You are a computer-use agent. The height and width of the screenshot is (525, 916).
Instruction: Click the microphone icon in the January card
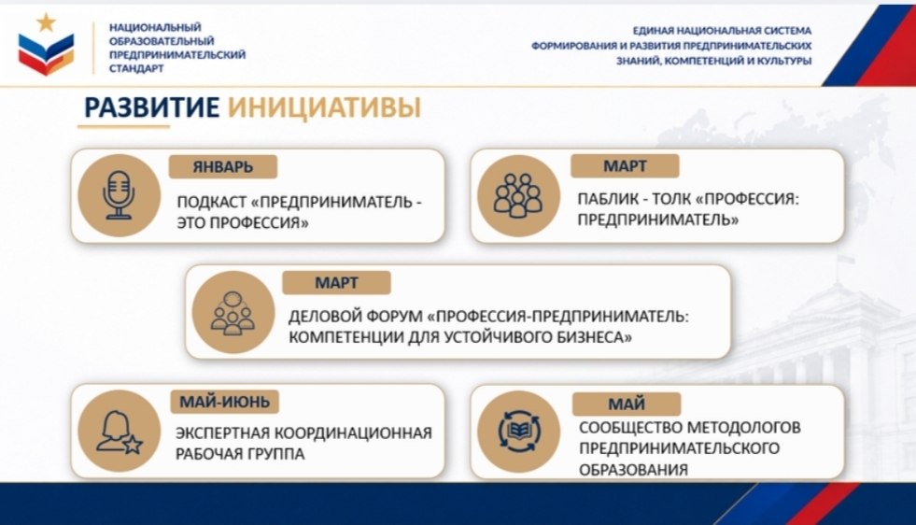click(119, 195)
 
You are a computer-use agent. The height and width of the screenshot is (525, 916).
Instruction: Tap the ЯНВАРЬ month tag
click(222, 166)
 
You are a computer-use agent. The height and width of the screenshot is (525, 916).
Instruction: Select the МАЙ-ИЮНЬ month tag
click(224, 402)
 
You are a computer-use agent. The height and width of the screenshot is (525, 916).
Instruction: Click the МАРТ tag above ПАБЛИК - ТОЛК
click(625, 166)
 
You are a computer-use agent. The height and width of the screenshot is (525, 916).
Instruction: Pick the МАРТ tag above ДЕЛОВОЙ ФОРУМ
click(336, 283)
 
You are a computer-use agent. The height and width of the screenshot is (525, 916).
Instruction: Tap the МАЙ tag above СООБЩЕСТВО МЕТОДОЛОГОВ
click(627, 404)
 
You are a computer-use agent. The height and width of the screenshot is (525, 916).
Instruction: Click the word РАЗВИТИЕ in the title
click(152, 107)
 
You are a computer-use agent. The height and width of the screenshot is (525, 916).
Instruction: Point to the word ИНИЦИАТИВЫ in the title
click(324, 107)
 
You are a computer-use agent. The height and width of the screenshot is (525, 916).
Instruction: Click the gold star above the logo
click(46, 22)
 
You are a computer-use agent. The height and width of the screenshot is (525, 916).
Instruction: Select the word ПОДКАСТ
click(212, 203)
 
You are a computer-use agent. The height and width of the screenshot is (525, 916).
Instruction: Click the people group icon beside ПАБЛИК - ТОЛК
click(518, 196)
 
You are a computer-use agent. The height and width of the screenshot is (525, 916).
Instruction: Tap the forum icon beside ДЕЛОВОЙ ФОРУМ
click(233, 312)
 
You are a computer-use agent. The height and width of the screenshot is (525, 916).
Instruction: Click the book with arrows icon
click(519, 432)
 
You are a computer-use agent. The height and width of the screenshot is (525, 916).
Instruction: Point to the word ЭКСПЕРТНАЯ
click(222, 433)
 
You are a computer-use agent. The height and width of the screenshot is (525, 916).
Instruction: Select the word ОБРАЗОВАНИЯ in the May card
click(633, 470)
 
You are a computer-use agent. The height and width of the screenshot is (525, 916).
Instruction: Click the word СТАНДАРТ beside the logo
click(136, 68)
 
